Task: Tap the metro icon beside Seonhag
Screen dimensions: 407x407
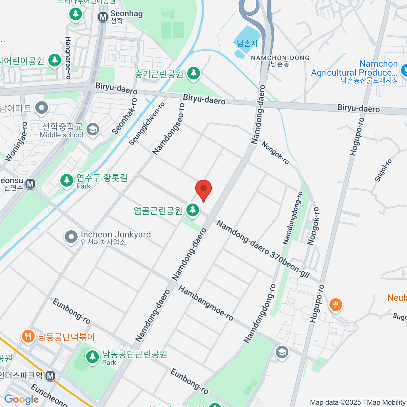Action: click(x=103, y=17)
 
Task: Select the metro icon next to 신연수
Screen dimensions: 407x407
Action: click(x=31, y=184)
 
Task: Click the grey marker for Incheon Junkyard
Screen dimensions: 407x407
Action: click(x=71, y=237)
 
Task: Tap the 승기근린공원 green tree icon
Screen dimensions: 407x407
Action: click(x=194, y=73)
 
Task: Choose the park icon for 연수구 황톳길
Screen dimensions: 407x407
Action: click(x=66, y=180)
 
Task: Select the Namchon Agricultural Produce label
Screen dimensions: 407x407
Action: click(x=354, y=69)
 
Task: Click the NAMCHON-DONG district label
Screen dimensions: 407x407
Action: click(x=280, y=58)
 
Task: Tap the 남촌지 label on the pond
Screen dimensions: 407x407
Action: click(x=247, y=43)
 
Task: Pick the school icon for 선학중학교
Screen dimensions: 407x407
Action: click(x=93, y=129)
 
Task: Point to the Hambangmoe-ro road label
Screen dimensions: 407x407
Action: click(x=206, y=303)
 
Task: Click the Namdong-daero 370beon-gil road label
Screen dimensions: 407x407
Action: click(x=263, y=249)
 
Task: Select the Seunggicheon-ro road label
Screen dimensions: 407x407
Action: click(x=147, y=124)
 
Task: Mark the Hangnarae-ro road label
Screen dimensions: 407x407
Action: click(x=68, y=58)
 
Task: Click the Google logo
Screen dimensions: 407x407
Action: click(x=21, y=400)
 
